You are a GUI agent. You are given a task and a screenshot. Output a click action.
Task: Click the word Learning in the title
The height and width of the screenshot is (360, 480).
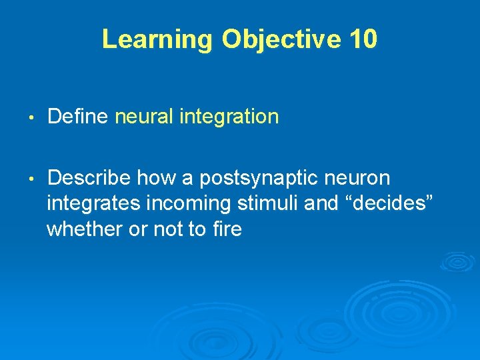click(157, 40)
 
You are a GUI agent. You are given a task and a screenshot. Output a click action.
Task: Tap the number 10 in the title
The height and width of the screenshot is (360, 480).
click(362, 40)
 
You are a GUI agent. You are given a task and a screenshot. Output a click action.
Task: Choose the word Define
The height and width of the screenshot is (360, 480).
click(79, 117)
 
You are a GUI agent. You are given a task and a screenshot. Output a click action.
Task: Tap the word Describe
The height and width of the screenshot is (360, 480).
click(90, 178)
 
